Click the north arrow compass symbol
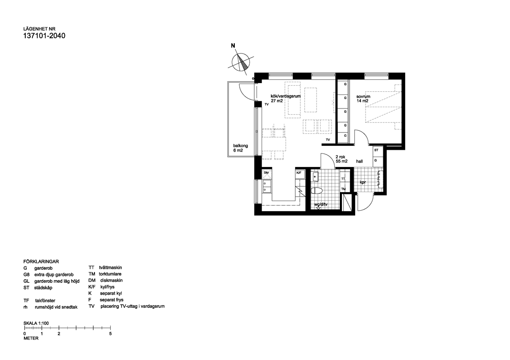[241, 63]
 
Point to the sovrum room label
[364, 96]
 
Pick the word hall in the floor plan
[360, 161]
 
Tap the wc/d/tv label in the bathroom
[321, 205]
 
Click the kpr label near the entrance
[363, 183]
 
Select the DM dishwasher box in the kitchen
[267, 173]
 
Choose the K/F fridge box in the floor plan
[299, 173]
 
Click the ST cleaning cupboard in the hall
[376, 150]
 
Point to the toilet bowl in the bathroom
[317, 191]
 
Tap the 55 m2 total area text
[342, 161]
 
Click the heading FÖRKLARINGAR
[41, 262]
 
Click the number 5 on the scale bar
[110, 334]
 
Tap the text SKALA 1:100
[36, 323]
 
